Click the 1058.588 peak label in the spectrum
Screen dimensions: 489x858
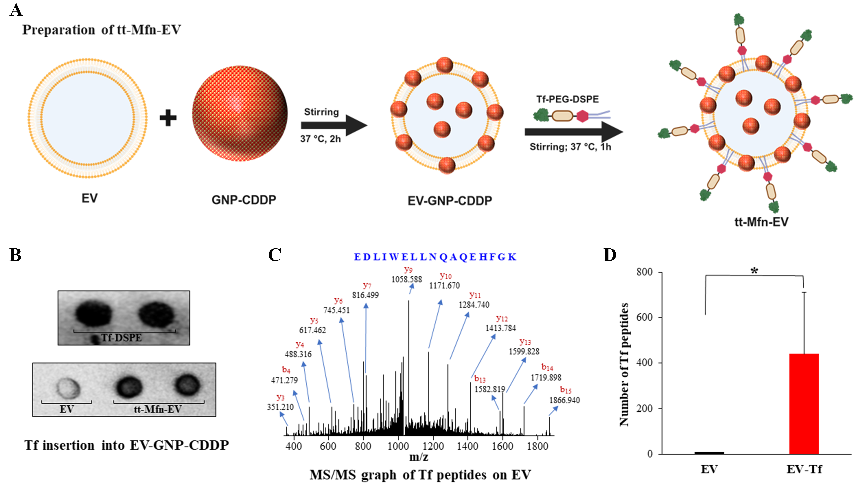(406, 279)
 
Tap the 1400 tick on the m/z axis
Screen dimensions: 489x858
(468, 446)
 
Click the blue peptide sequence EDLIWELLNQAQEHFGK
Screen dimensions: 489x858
(435, 257)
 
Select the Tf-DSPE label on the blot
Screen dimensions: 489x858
(122, 337)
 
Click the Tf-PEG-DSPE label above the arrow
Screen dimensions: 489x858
(567, 99)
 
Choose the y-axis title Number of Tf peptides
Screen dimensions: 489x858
(624, 364)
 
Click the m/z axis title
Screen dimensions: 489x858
(419, 457)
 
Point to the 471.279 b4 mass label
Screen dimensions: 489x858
(284, 380)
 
